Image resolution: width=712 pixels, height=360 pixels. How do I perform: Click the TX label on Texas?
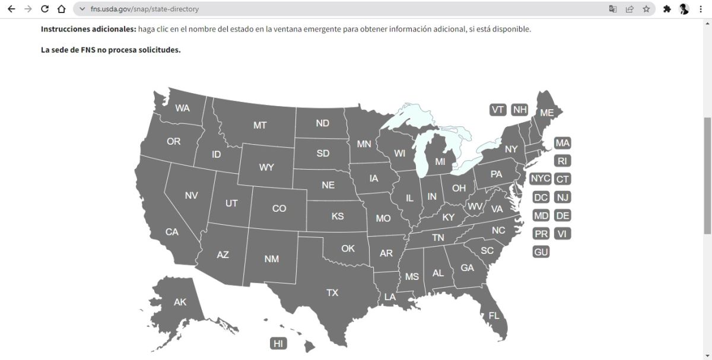[x=332, y=292]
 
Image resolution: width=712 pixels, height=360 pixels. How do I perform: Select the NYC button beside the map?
[x=541, y=179]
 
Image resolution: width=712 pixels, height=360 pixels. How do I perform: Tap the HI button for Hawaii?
[x=278, y=343]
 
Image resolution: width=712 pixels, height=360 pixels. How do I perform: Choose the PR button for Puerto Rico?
[x=541, y=234]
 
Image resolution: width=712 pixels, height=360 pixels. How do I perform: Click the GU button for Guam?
[x=541, y=252]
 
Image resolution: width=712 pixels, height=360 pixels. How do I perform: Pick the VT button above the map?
[x=498, y=110]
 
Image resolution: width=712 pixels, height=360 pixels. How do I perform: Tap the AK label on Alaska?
[x=180, y=302]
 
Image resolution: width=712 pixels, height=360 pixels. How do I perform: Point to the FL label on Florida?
[x=494, y=316]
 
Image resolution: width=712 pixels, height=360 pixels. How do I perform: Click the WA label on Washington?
[x=182, y=108]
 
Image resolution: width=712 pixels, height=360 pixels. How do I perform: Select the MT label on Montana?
[x=260, y=125]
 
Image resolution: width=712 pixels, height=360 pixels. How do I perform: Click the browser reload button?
[x=44, y=9]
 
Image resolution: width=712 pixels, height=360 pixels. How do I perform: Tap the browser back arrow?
[x=11, y=9]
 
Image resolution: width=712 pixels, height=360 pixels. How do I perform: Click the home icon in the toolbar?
[x=61, y=9]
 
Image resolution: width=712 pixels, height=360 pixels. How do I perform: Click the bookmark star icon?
[x=646, y=9]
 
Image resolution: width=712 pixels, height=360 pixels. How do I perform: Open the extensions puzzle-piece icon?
[x=667, y=9]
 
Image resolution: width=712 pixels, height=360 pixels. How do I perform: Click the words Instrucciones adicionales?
[x=88, y=29]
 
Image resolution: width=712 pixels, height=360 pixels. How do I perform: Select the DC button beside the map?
[x=541, y=197]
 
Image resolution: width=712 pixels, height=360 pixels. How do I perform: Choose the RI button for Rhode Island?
[x=562, y=161]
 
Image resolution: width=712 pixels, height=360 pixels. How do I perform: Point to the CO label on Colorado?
[x=279, y=208]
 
